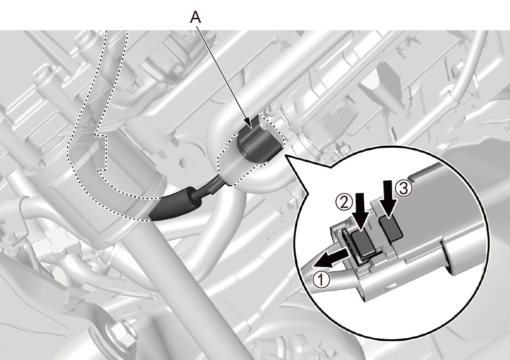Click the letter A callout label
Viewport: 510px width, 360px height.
pyautogui.click(x=196, y=17)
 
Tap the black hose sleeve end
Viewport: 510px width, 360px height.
pyautogui.click(x=176, y=205)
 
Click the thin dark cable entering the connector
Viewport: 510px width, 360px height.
pyautogui.click(x=210, y=187)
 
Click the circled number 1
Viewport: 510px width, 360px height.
pyautogui.click(x=321, y=280)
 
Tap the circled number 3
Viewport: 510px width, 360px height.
pyautogui.click(x=403, y=188)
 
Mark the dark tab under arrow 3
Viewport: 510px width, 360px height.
pyautogui.click(x=391, y=229)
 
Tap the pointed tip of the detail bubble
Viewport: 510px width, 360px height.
pyautogui.click(x=285, y=155)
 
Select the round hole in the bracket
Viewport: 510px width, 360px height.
pyautogui.click(x=184, y=161)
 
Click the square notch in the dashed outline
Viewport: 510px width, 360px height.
pyautogui.click(x=101, y=152)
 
